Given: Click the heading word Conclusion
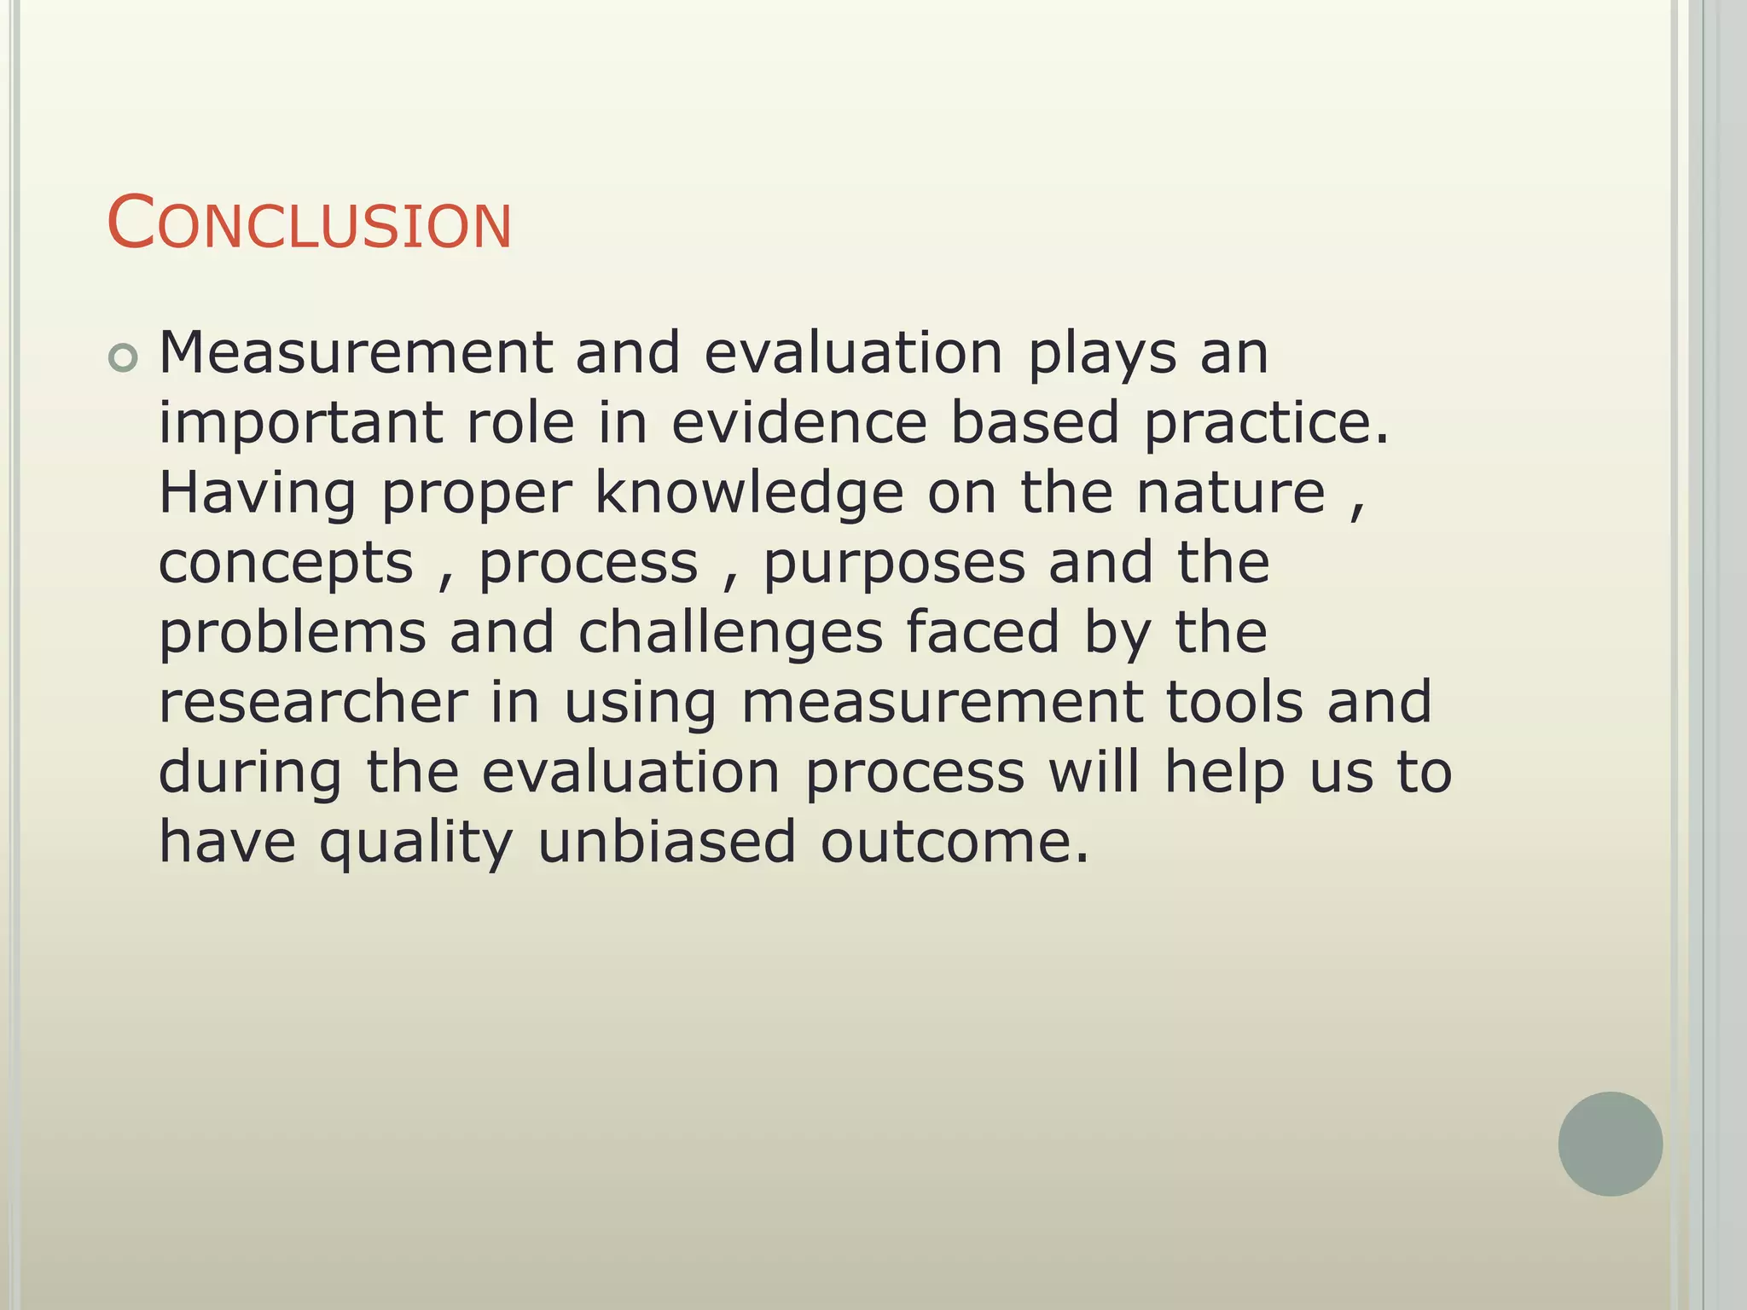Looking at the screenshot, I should click(309, 224).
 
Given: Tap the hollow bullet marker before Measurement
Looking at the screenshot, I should click(123, 358).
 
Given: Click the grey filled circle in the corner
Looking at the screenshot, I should click(1610, 1143).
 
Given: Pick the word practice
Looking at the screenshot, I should click(1266, 424).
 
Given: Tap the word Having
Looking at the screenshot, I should click(258, 496).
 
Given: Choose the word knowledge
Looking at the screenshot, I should click(749, 494).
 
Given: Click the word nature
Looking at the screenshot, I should click(1231, 494).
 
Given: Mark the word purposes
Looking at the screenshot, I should click(894, 565).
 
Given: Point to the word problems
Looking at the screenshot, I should click(293, 635).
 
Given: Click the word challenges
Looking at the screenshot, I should click(730, 635).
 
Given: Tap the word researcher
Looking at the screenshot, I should click(313, 703).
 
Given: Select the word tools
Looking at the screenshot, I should click(1234, 703).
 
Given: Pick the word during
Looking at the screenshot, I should click(251, 774).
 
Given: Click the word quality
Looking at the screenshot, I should click(416, 843).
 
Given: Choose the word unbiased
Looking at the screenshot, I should click(667, 842).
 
